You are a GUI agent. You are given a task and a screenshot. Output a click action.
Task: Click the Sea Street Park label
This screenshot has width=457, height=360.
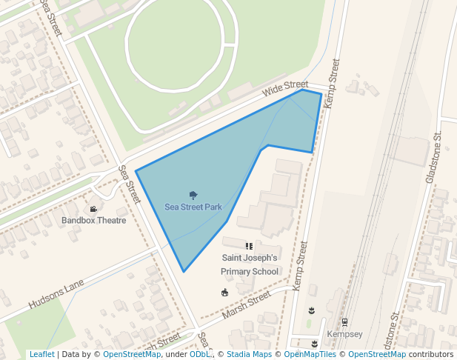pyautogui.click(x=193, y=207)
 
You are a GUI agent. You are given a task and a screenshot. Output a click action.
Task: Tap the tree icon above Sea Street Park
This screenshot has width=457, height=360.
pyautogui.click(x=193, y=196)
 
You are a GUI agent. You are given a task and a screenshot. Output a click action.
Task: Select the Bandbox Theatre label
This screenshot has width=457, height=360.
pyautogui.click(x=94, y=220)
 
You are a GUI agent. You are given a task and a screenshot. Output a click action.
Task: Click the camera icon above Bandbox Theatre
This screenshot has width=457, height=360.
pyautogui.click(x=93, y=209)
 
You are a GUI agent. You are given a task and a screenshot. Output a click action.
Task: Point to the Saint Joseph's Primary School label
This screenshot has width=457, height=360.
pyautogui.click(x=250, y=264)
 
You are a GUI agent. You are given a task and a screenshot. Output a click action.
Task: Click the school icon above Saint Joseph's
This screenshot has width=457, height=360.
pyautogui.click(x=249, y=246)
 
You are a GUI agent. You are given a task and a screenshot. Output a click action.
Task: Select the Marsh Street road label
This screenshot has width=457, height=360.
pyautogui.click(x=246, y=306)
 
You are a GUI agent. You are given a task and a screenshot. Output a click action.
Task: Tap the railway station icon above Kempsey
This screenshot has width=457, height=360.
pyautogui.click(x=344, y=323)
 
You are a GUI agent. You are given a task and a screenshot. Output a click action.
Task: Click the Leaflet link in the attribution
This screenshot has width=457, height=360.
pyautogui.click(x=41, y=355)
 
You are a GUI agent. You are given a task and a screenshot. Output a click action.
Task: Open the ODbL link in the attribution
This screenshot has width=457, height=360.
pyautogui.click(x=200, y=355)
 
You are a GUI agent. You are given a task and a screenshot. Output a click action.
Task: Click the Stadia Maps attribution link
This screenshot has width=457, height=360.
pyautogui.click(x=249, y=355)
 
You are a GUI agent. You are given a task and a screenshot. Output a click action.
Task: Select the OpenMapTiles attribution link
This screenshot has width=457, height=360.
pyautogui.click(x=310, y=355)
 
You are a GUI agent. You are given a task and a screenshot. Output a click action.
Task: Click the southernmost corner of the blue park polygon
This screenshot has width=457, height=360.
pyautogui.click(x=184, y=272)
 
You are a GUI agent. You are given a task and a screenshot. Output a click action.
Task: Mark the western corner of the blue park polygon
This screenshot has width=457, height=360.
pyautogui.click(x=136, y=172)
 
